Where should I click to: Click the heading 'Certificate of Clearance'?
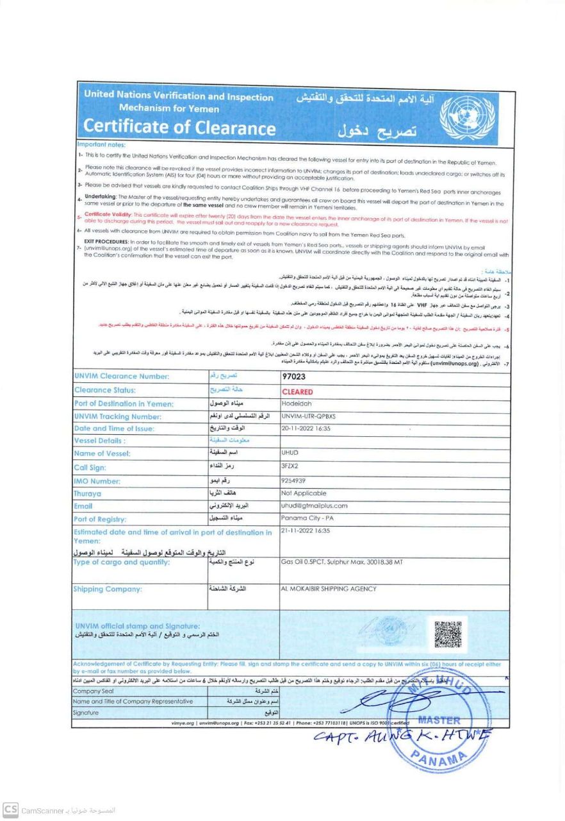180,127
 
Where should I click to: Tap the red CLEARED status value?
297,391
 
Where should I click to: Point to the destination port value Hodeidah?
297,403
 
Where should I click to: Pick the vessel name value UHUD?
290,453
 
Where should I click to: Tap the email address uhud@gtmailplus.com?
314,505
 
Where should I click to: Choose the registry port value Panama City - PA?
306,518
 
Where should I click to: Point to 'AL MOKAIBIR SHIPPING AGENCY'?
329,589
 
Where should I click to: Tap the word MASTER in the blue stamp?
439,720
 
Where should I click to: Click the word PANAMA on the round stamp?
441,761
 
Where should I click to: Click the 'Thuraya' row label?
88,494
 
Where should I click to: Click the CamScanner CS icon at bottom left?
10,810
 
